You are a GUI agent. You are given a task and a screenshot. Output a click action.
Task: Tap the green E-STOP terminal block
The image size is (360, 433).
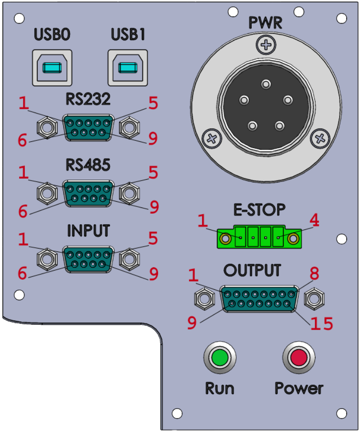click(259, 237)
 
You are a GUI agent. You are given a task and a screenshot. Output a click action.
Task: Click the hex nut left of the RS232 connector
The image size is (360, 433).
click(47, 127)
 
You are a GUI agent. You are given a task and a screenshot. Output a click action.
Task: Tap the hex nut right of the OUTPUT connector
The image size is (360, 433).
click(314, 298)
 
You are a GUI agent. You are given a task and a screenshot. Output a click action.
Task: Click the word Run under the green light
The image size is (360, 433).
click(220, 387)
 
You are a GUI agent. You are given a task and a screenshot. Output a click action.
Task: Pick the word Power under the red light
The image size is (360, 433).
click(299, 387)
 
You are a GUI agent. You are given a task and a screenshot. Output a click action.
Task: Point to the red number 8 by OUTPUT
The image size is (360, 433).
click(314, 273)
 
